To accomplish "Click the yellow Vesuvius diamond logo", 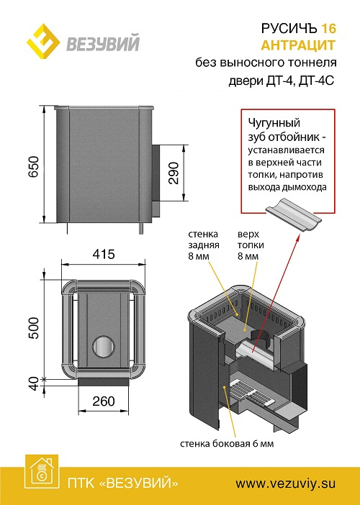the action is (x=43, y=41).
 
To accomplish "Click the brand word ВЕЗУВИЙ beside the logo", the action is (x=103, y=43).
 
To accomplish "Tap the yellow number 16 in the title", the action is (x=328, y=29).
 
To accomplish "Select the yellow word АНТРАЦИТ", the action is (x=298, y=45).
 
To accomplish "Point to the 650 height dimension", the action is (x=34, y=166).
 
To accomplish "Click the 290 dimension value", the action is (x=174, y=173).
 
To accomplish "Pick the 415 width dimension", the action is (x=104, y=255).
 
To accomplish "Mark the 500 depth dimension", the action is (x=34, y=328).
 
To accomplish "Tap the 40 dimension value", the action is (x=34, y=383).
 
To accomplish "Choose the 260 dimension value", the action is (x=104, y=401).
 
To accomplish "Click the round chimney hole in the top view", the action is (x=104, y=347).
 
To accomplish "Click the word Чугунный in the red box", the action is (x=274, y=123).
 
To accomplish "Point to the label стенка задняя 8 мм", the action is (x=204, y=245).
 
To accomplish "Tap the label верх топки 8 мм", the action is (x=251, y=245).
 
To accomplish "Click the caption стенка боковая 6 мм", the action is (x=227, y=444).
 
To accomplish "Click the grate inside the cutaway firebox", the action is (x=252, y=393).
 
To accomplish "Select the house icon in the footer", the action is (x=42, y=471).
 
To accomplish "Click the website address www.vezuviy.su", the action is (x=286, y=483).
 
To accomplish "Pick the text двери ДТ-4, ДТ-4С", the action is (x=282, y=81).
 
